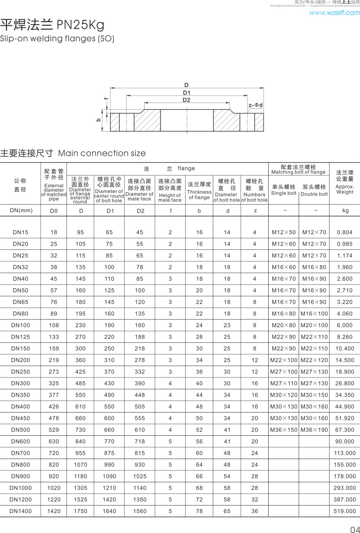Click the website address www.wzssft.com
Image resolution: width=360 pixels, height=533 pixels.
[x=334, y=13]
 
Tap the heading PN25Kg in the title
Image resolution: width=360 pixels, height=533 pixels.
[x=80, y=25]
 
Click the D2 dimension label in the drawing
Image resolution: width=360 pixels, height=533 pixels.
[x=187, y=100]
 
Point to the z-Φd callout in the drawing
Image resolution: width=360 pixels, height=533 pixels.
[x=256, y=105]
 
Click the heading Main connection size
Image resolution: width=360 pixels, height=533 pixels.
[x=102, y=153]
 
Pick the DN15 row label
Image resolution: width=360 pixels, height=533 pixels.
[x=20, y=232]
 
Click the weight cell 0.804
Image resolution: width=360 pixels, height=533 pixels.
[x=345, y=232]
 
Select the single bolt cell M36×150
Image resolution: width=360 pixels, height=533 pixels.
[x=284, y=430]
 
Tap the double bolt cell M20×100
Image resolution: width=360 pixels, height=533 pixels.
[x=314, y=325]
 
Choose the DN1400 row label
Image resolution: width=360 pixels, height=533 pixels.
[x=21, y=511]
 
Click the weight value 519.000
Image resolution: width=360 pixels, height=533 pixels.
[x=345, y=511]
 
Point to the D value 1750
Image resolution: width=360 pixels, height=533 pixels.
[x=80, y=511]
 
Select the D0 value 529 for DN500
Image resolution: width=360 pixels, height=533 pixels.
[x=54, y=430]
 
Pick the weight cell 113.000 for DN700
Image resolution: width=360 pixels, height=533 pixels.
[x=345, y=453]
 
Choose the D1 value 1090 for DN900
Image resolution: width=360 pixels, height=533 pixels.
[x=109, y=476]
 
